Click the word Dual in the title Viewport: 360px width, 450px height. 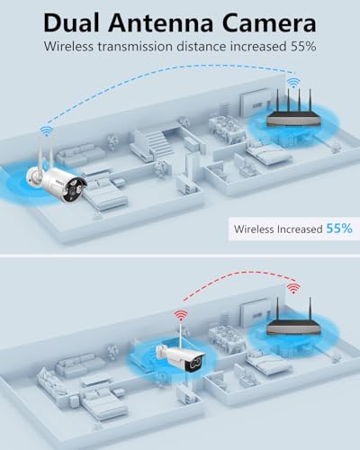click(x=71, y=22)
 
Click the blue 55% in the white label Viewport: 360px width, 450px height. click(x=339, y=229)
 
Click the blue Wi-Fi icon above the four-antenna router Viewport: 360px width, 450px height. click(x=293, y=83)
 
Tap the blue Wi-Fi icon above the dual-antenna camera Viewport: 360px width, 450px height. click(x=47, y=131)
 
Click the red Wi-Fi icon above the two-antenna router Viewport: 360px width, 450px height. click(x=293, y=288)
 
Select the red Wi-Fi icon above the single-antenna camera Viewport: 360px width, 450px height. click(x=181, y=316)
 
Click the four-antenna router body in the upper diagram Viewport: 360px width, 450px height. click(x=293, y=118)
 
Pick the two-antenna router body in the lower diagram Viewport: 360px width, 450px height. click(x=293, y=328)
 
